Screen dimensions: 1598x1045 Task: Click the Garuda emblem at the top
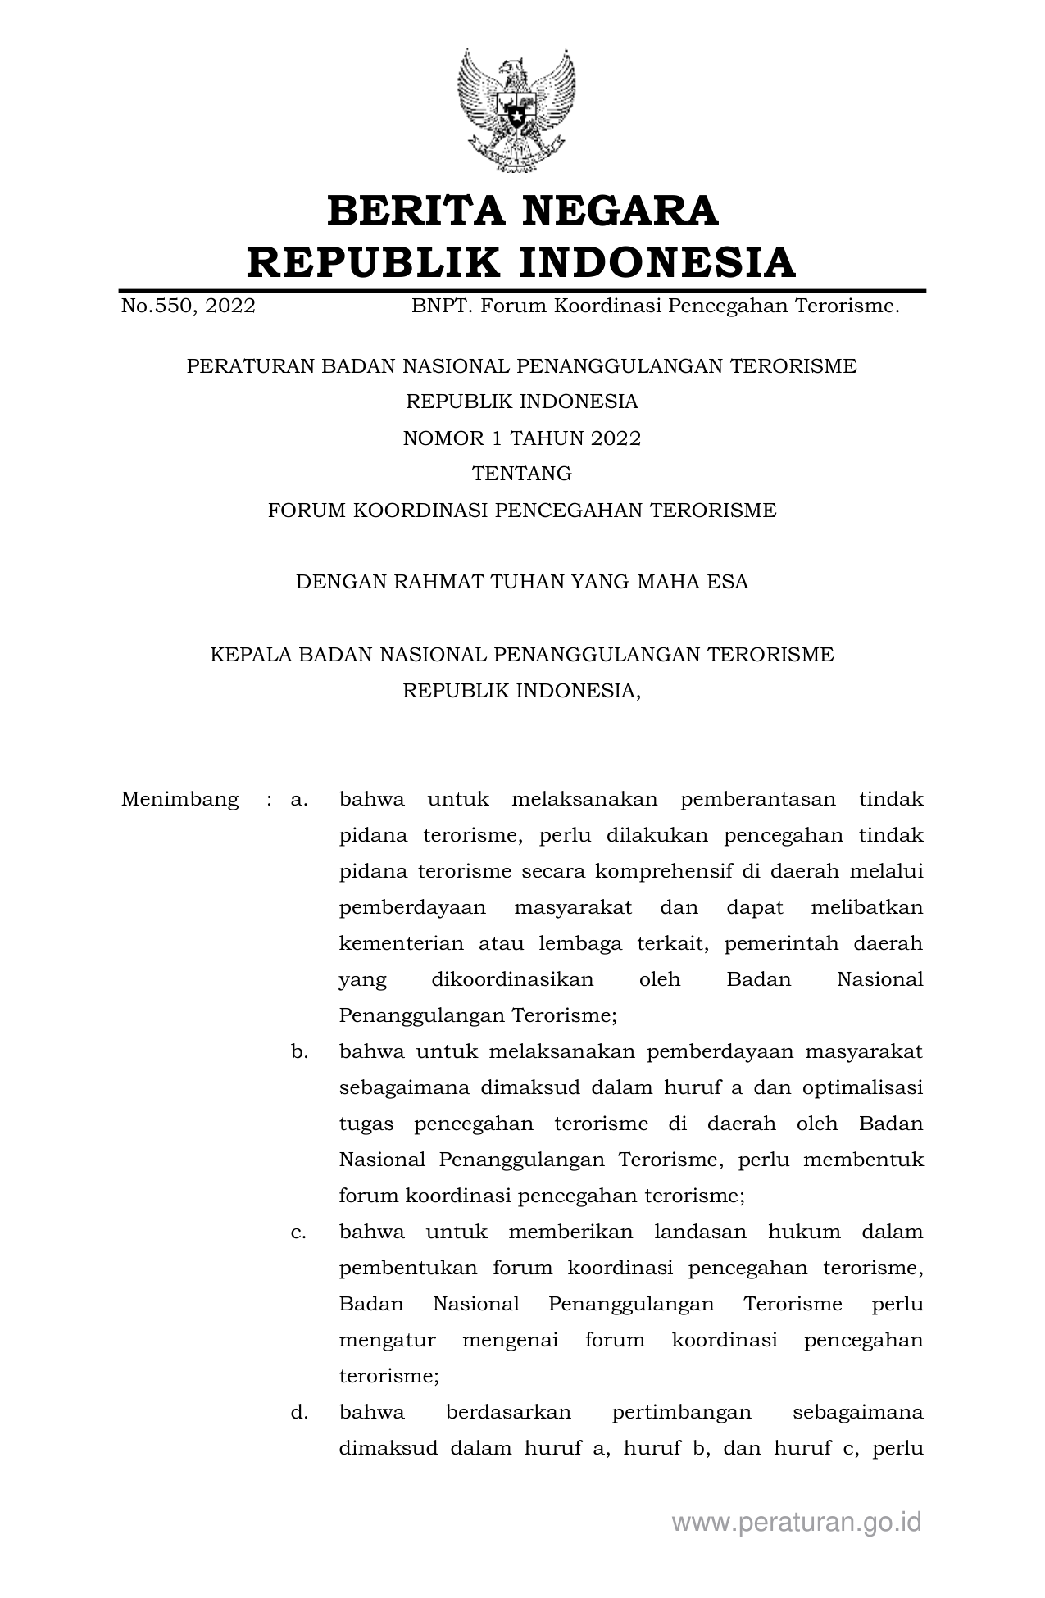coord(516,110)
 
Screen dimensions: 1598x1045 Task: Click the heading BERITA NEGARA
coord(522,211)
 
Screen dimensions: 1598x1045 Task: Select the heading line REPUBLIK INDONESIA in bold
coord(522,262)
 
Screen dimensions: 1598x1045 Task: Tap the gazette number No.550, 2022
coord(188,306)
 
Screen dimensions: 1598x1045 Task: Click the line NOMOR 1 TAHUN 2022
coord(522,438)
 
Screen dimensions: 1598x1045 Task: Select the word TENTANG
coord(522,474)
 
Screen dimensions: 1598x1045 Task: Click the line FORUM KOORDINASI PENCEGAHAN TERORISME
coord(522,511)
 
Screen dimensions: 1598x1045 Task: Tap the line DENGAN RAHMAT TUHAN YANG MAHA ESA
coord(522,583)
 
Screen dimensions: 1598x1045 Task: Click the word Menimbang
coord(179,799)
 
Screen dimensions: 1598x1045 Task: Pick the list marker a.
coord(298,799)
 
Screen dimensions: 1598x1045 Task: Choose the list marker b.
coord(298,1051)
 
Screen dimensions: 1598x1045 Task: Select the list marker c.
coord(298,1232)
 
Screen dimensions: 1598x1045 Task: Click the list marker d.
coord(298,1412)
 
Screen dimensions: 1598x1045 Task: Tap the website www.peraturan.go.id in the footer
coord(796,1522)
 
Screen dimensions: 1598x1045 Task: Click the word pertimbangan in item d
coord(681,1412)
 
